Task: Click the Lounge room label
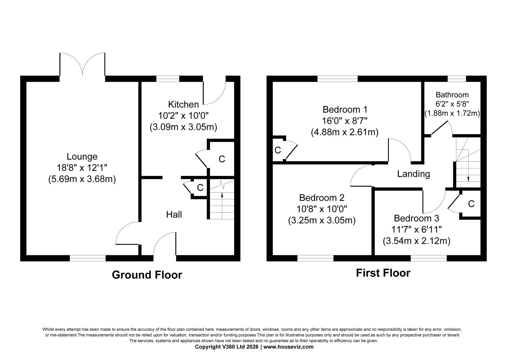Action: pyautogui.click(x=82, y=157)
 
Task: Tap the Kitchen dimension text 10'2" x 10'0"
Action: pyautogui.click(x=183, y=116)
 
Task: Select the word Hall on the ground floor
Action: pyautogui.click(x=174, y=215)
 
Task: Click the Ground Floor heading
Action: pyautogui.click(x=147, y=275)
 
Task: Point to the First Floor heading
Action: pyautogui.click(x=383, y=273)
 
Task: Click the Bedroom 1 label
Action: pyautogui.click(x=345, y=109)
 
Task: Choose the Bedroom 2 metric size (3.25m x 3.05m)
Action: pyautogui.click(x=322, y=220)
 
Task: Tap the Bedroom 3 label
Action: pyautogui.click(x=416, y=218)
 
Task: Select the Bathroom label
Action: pyautogui.click(x=452, y=95)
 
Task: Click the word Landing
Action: pyautogui.click(x=414, y=174)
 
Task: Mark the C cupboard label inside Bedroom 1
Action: pyautogui.click(x=278, y=150)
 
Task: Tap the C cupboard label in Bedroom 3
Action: pyautogui.click(x=471, y=204)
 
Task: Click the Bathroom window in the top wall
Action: pyautogui.click(x=457, y=79)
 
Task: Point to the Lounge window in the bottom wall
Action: pyautogui.click(x=88, y=258)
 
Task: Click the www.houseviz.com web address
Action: pyautogui.click(x=288, y=347)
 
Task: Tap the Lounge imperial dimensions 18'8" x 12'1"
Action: pyautogui.click(x=82, y=168)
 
